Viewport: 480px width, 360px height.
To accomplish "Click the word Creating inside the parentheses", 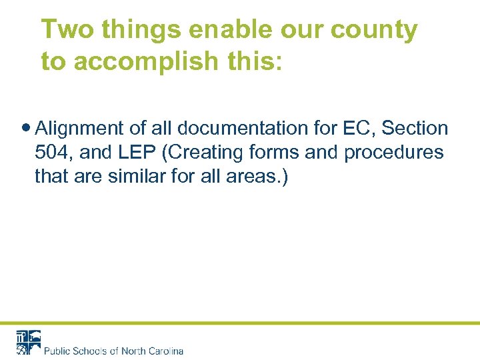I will (206, 153).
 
